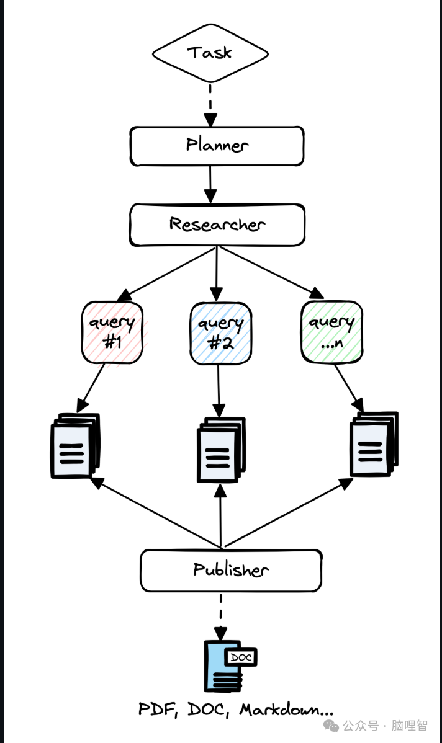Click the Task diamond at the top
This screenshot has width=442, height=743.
pos(210,53)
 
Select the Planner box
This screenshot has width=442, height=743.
pos(217,146)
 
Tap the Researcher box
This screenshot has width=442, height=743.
pos(217,225)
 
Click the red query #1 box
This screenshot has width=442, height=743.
pos(112,332)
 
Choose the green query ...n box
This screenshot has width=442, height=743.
pos(331,331)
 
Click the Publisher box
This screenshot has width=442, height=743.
pos(230,570)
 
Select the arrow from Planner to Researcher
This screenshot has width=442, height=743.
pos(211,185)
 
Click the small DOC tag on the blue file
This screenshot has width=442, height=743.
pos(241,657)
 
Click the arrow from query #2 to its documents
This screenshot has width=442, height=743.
pos(219,391)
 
